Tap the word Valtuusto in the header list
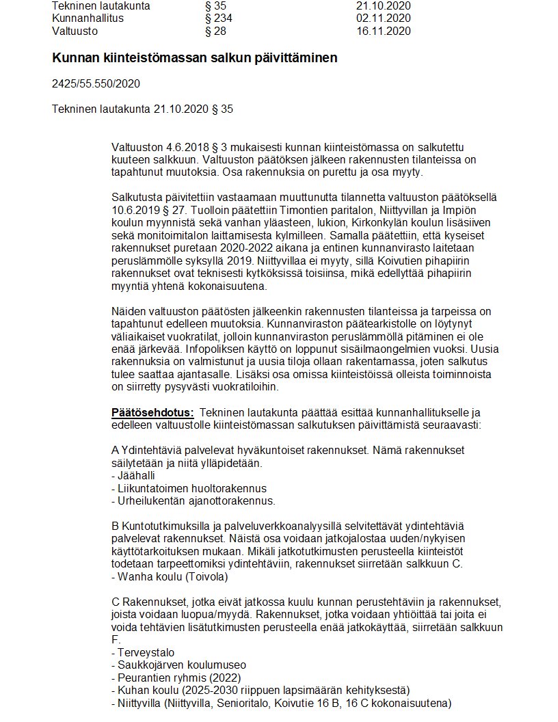point(75,31)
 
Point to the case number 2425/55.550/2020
point(96,84)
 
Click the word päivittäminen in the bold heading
point(300,58)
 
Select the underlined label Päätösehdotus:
point(152,412)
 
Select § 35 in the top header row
point(215,6)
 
